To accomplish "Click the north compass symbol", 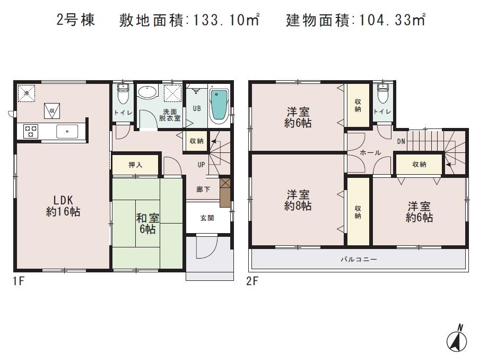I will click(458, 338).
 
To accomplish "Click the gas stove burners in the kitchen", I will click(30, 131).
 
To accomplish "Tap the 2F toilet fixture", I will click(382, 95).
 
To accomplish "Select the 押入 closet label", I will click(135, 165).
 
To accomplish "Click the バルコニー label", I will click(359, 260).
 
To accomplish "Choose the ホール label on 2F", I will click(370, 152).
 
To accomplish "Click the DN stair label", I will click(402, 141).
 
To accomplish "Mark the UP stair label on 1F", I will click(202, 165).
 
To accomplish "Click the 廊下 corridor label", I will click(203, 189).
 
